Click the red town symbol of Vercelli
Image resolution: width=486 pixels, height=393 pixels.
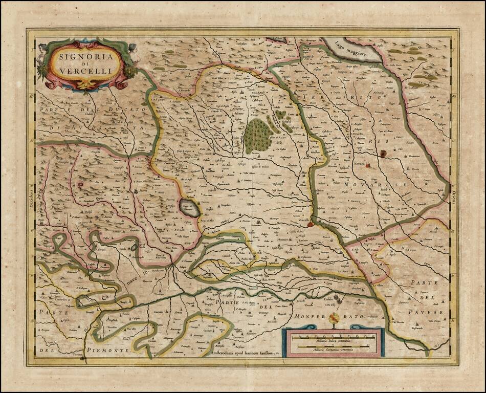click(x=310, y=224)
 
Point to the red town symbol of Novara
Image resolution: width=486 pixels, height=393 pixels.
click(x=383, y=153)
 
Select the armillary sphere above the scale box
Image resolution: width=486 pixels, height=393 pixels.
click(x=334, y=320)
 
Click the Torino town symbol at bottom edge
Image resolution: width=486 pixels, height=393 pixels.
click(x=82, y=359)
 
